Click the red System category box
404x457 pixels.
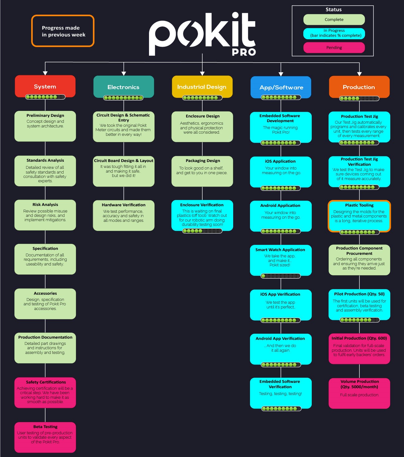(x=45, y=86)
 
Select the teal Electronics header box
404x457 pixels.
(x=124, y=87)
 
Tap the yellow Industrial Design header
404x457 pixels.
(x=202, y=87)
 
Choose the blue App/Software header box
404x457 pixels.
(x=281, y=87)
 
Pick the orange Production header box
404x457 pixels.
(x=359, y=87)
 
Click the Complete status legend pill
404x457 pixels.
(x=334, y=20)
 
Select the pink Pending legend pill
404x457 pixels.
(x=334, y=48)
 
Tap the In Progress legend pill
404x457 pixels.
(x=334, y=33)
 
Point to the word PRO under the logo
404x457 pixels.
(x=244, y=52)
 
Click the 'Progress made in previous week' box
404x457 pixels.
(x=63, y=31)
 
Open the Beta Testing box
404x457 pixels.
(x=45, y=437)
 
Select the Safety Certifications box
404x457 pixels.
(x=45, y=393)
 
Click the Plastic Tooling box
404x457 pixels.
(x=359, y=216)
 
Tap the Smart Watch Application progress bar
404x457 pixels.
(x=281, y=276)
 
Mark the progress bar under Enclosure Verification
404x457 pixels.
(x=202, y=231)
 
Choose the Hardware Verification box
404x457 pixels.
(x=124, y=216)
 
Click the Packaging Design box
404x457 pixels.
(x=202, y=171)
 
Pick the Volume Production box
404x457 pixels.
(x=359, y=393)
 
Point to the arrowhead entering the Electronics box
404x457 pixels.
(x=124, y=74)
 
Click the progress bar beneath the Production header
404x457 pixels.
(x=359, y=98)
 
